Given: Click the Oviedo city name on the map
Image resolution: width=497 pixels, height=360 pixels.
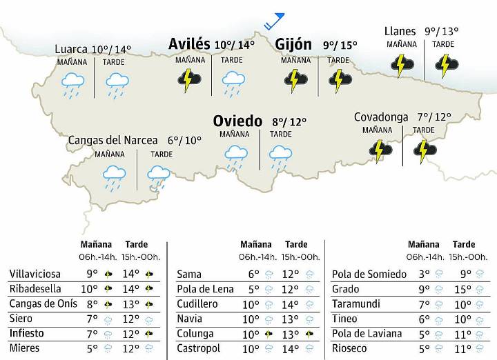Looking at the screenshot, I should pos(237,121).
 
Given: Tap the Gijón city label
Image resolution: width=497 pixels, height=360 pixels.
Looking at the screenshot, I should pos(293,44).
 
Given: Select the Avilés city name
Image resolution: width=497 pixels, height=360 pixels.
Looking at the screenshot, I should pos(189,44).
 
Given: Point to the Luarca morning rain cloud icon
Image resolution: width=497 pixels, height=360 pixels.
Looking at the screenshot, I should pos(72,85).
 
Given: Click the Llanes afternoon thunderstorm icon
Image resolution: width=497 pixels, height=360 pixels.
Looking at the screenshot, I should pos(445,66).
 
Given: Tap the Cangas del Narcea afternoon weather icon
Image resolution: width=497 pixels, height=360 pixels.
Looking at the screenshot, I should pos(159,178).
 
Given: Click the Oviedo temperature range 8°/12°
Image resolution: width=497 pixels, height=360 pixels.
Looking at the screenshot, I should pos(289,123).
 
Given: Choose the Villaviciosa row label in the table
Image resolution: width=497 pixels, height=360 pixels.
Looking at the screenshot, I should pos(35,274).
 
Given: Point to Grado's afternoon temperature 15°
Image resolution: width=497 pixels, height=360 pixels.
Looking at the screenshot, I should pos(464,289).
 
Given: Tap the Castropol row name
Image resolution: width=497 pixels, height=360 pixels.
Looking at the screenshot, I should pos(199,348).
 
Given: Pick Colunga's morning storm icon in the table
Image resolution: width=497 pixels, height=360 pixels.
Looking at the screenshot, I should pos(268,334).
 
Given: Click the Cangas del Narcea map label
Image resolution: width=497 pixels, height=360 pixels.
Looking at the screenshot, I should pos(113,140).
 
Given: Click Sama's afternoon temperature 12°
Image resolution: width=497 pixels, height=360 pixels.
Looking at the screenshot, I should pos(291,274).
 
